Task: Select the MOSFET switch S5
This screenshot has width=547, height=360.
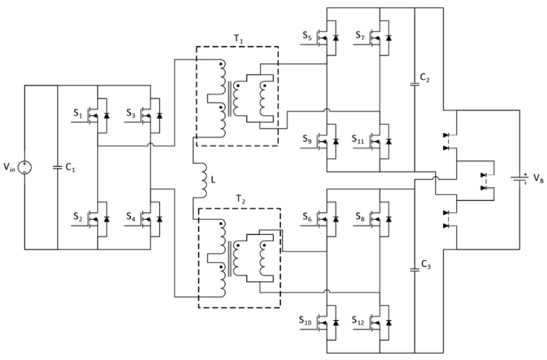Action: (x=331, y=38)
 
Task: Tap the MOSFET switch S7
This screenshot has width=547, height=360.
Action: (x=383, y=38)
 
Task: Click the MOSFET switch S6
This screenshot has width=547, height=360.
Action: (x=331, y=218)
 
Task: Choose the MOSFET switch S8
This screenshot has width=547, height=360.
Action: (x=383, y=218)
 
